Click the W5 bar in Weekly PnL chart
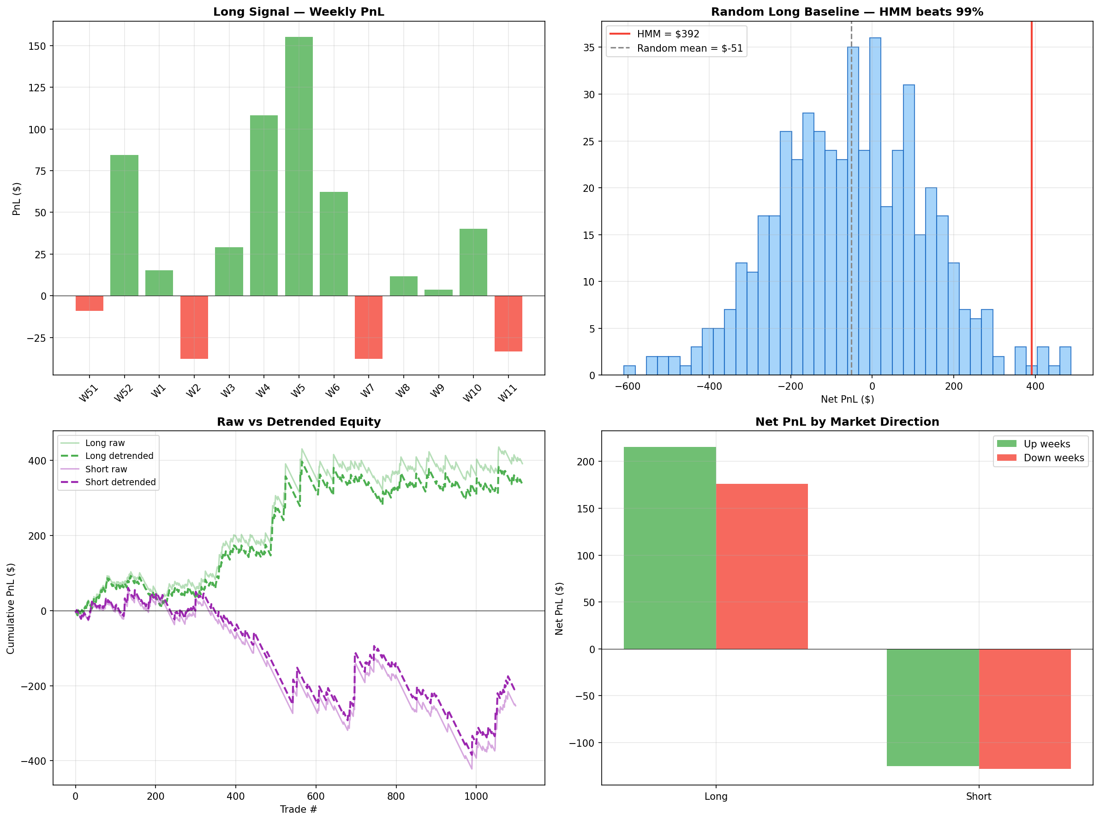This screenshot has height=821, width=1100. point(299,166)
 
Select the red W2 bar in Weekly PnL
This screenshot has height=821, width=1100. point(194,327)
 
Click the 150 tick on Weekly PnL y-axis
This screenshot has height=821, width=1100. point(37,46)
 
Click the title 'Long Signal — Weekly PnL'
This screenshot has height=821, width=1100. point(298,12)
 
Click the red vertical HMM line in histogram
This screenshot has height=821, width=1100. point(1031,199)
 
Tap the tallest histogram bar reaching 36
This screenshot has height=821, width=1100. point(875,206)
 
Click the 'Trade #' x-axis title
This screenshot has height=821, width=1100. point(298,809)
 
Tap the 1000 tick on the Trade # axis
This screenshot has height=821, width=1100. point(476,796)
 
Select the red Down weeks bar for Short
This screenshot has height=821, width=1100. point(1024,708)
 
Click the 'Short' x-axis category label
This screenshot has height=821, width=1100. point(978,796)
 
